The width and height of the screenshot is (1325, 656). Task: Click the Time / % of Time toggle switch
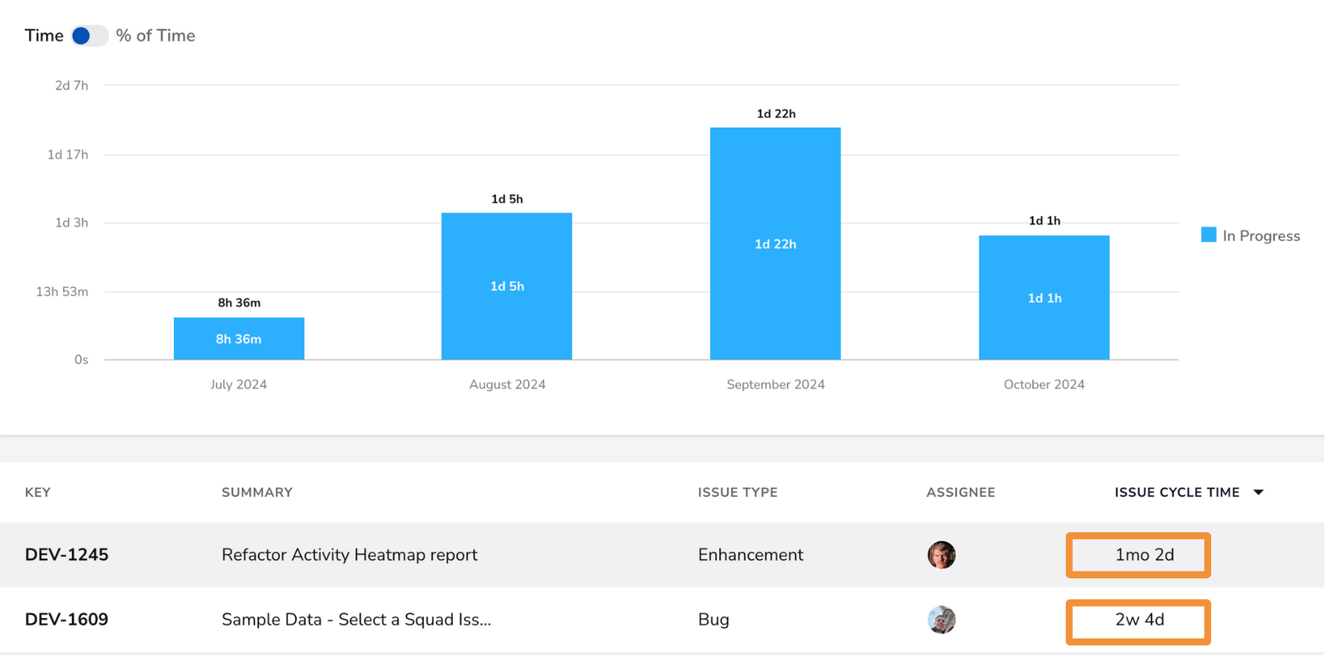tap(89, 36)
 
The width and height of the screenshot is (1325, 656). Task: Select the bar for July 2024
tap(239, 339)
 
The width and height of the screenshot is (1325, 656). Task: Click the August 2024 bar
tap(507, 286)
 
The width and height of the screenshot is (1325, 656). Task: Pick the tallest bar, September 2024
tap(776, 244)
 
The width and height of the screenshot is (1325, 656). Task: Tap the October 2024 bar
tap(1044, 298)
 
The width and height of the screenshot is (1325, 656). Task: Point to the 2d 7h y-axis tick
tap(71, 85)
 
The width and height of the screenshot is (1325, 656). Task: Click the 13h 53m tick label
tap(62, 291)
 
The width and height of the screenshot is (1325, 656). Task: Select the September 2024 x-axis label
tap(776, 384)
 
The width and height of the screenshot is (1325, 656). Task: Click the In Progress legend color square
tap(1208, 235)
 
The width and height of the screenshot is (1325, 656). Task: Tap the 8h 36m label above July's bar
tap(239, 303)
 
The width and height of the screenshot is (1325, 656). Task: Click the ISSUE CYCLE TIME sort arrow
tap(1259, 493)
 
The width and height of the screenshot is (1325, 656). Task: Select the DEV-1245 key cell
tap(66, 555)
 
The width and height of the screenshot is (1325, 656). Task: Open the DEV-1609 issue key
tap(66, 620)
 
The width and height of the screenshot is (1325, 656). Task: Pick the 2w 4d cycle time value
tap(1140, 620)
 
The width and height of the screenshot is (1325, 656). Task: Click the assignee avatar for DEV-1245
tap(941, 555)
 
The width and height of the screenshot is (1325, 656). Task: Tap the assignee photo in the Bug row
tap(941, 620)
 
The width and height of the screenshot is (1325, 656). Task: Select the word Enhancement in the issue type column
tap(751, 555)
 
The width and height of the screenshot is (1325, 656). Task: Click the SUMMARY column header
tap(257, 493)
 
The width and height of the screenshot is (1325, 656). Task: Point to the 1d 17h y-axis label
tap(68, 154)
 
